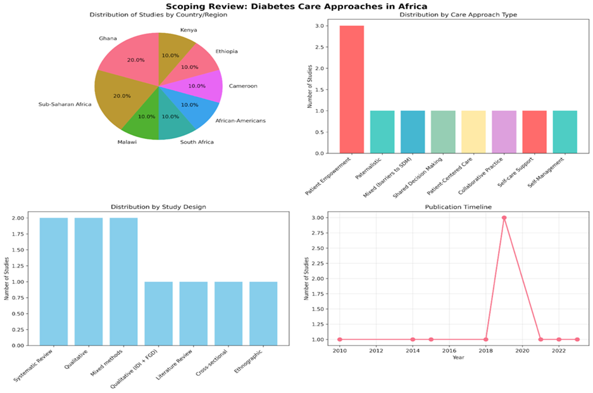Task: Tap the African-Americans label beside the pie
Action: [240, 121]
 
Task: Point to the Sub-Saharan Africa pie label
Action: [65, 104]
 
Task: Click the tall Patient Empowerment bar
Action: [352, 89]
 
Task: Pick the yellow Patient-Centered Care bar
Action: [473, 132]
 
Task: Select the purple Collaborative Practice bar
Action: [504, 132]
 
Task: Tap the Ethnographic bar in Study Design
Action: [263, 314]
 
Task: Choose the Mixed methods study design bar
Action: [123, 281]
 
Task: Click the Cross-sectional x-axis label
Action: [212, 363]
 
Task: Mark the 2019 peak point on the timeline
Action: [504, 217]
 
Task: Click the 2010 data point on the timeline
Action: [340, 339]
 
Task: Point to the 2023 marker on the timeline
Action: [577, 339]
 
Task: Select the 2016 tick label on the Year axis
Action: [449, 351]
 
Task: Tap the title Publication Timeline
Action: [458, 207]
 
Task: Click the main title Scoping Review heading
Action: [296, 6]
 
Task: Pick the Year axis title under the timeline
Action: [458, 357]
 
